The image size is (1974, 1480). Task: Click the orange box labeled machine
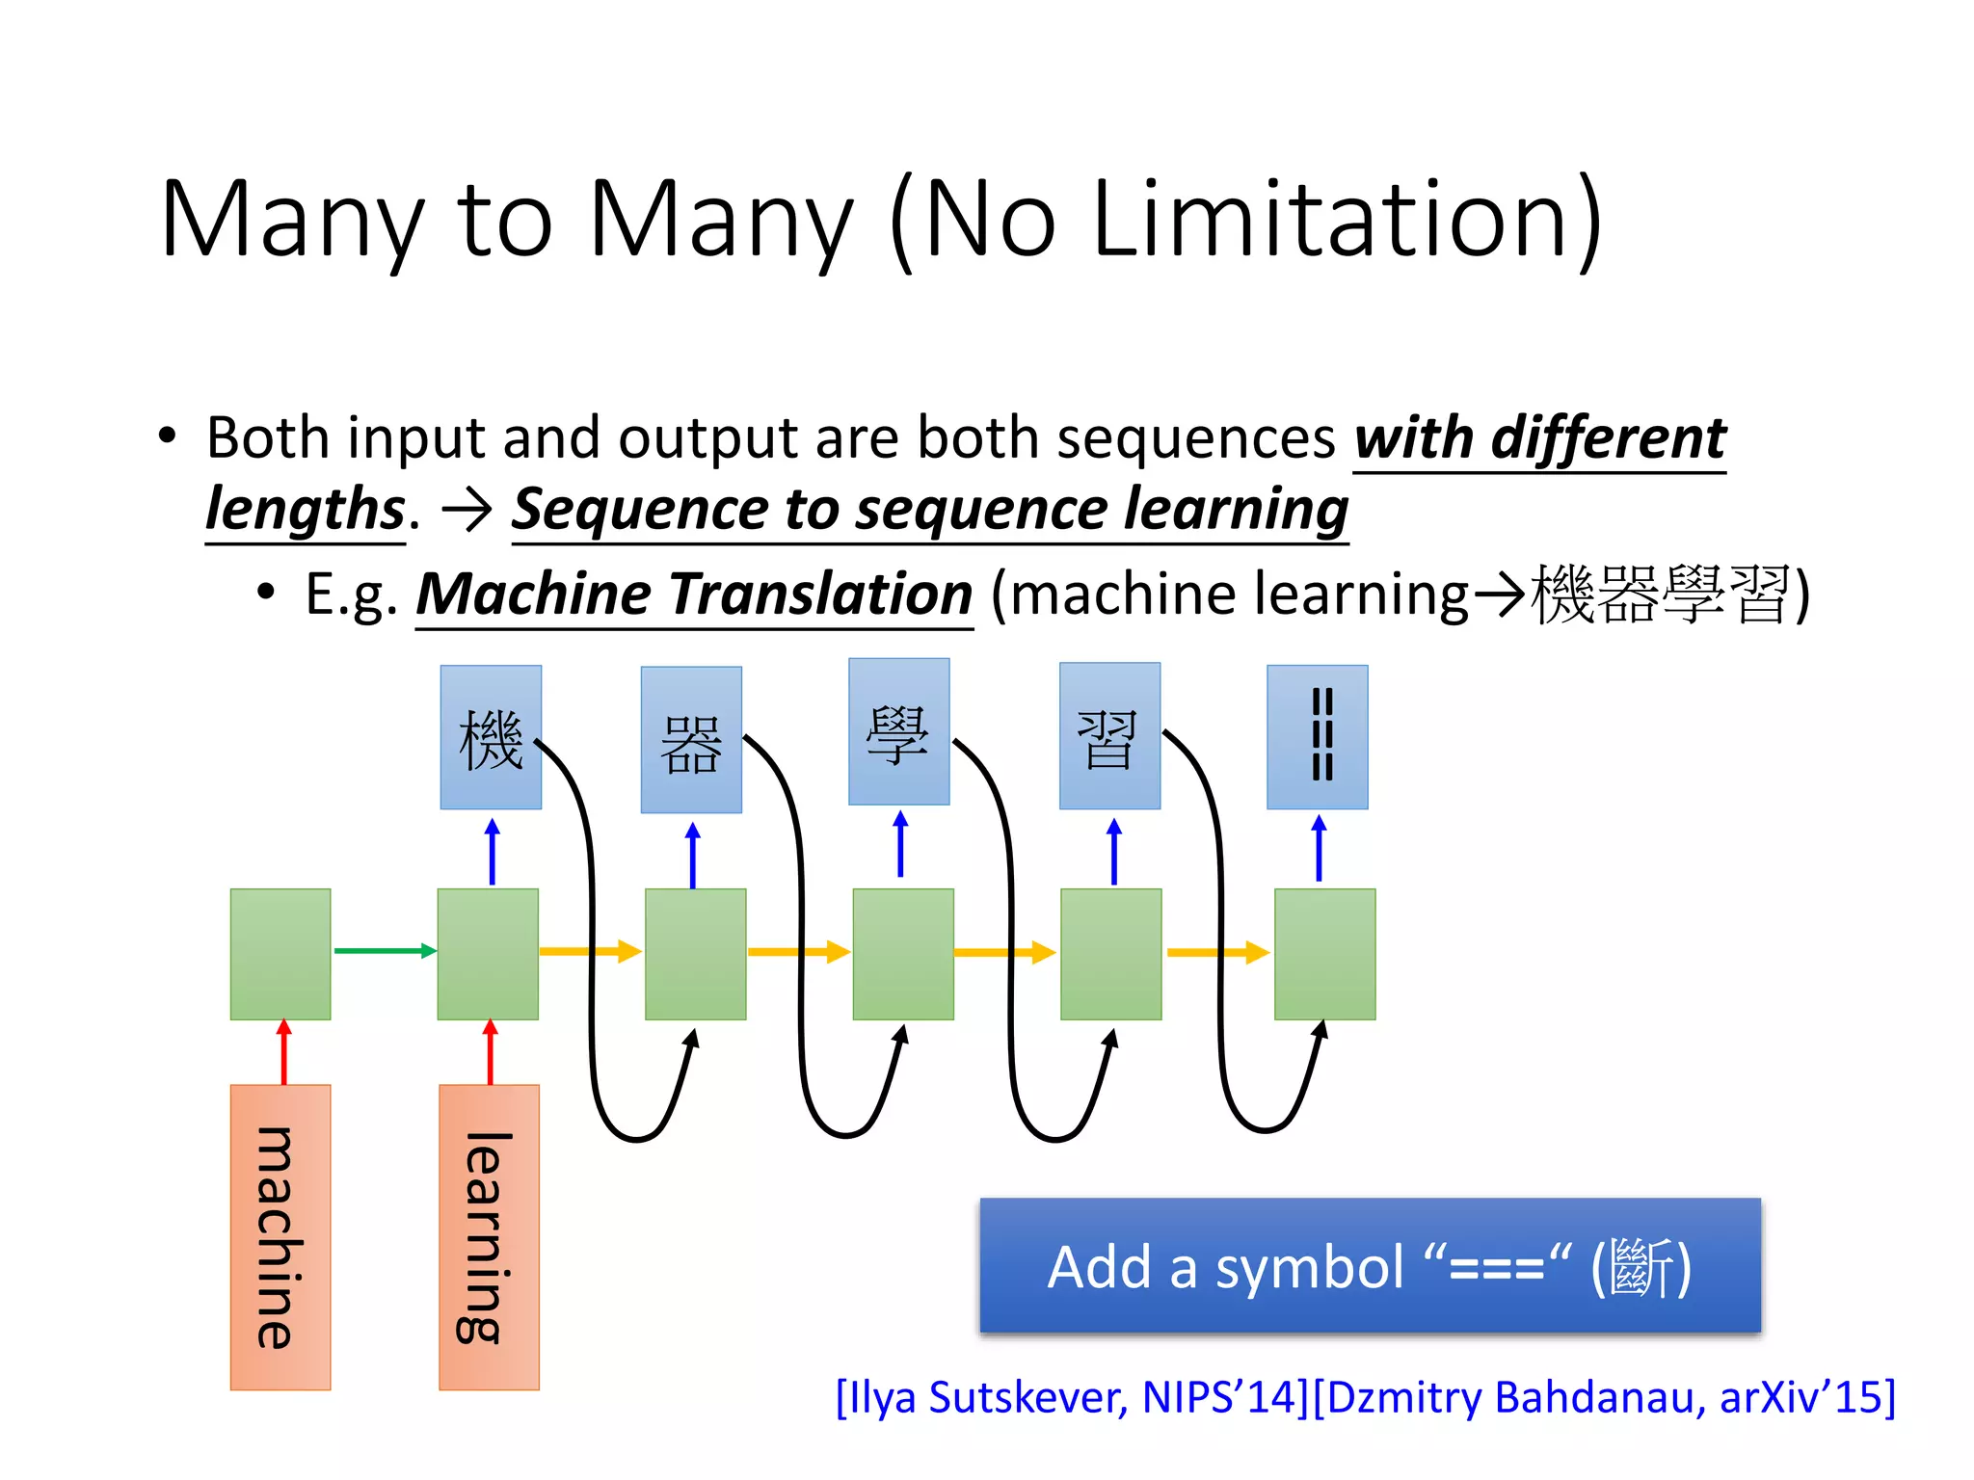pos(280,1237)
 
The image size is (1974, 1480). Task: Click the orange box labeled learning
pos(489,1237)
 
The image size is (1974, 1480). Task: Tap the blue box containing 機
pos(491,737)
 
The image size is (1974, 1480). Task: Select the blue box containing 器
pos(691,740)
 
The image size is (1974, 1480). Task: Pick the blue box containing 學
pos(898,731)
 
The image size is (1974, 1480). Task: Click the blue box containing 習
pos(1109,736)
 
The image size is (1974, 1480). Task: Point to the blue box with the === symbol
pos(1317,737)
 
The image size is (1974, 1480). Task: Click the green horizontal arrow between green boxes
pos(384,951)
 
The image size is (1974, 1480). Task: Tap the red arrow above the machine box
pos(283,1052)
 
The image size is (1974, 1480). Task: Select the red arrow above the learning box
pos(491,1052)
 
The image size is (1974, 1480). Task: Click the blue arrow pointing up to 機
pos(493,852)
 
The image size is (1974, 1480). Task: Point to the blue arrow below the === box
pos(1319,848)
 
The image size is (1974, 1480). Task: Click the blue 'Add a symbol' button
pos(1370,1266)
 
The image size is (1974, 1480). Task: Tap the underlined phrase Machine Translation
pos(694,594)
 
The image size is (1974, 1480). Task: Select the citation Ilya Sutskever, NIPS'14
pos(1072,1397)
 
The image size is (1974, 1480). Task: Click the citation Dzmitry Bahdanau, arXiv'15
pos(1604,1397)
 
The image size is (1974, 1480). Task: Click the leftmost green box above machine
pos(280,954)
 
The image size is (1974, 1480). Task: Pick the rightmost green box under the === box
pos(1324,954)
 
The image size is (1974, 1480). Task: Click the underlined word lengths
pos(306,510)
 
